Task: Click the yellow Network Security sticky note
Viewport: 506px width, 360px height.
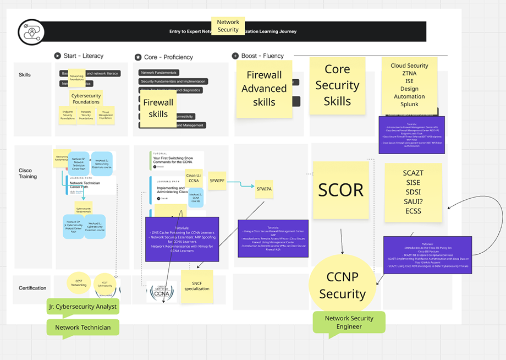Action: click(228, 26)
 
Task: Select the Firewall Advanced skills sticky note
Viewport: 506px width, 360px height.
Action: click(264, 88)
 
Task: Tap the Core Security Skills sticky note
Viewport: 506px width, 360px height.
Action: click(337, 85)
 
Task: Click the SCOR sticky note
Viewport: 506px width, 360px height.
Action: click(341, 190)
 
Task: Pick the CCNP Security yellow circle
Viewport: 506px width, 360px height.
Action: click(342, 286)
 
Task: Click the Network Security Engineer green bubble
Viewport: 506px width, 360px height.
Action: click(349, 322)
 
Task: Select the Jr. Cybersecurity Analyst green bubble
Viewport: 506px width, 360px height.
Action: click(82, 307)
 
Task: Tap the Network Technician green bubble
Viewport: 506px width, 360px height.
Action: click(82, 328)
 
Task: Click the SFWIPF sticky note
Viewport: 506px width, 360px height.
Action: click(217, 181)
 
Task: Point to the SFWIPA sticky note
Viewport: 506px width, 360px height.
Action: click(264, 189)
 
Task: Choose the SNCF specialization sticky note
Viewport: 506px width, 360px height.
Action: click(197, 285)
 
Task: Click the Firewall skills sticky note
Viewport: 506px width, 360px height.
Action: click(158, 108)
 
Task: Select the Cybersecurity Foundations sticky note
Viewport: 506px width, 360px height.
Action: click(86, 99)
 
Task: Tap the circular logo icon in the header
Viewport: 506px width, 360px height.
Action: click(30, 32)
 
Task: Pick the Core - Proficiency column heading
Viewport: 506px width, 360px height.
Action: click(164, 57)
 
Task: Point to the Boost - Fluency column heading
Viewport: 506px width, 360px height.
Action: click(258, 56)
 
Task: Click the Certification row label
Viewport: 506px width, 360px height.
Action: click(32, 288)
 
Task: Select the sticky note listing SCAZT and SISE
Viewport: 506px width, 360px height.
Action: click(413, 192)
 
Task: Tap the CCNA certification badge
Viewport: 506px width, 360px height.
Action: click(162, 292)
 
